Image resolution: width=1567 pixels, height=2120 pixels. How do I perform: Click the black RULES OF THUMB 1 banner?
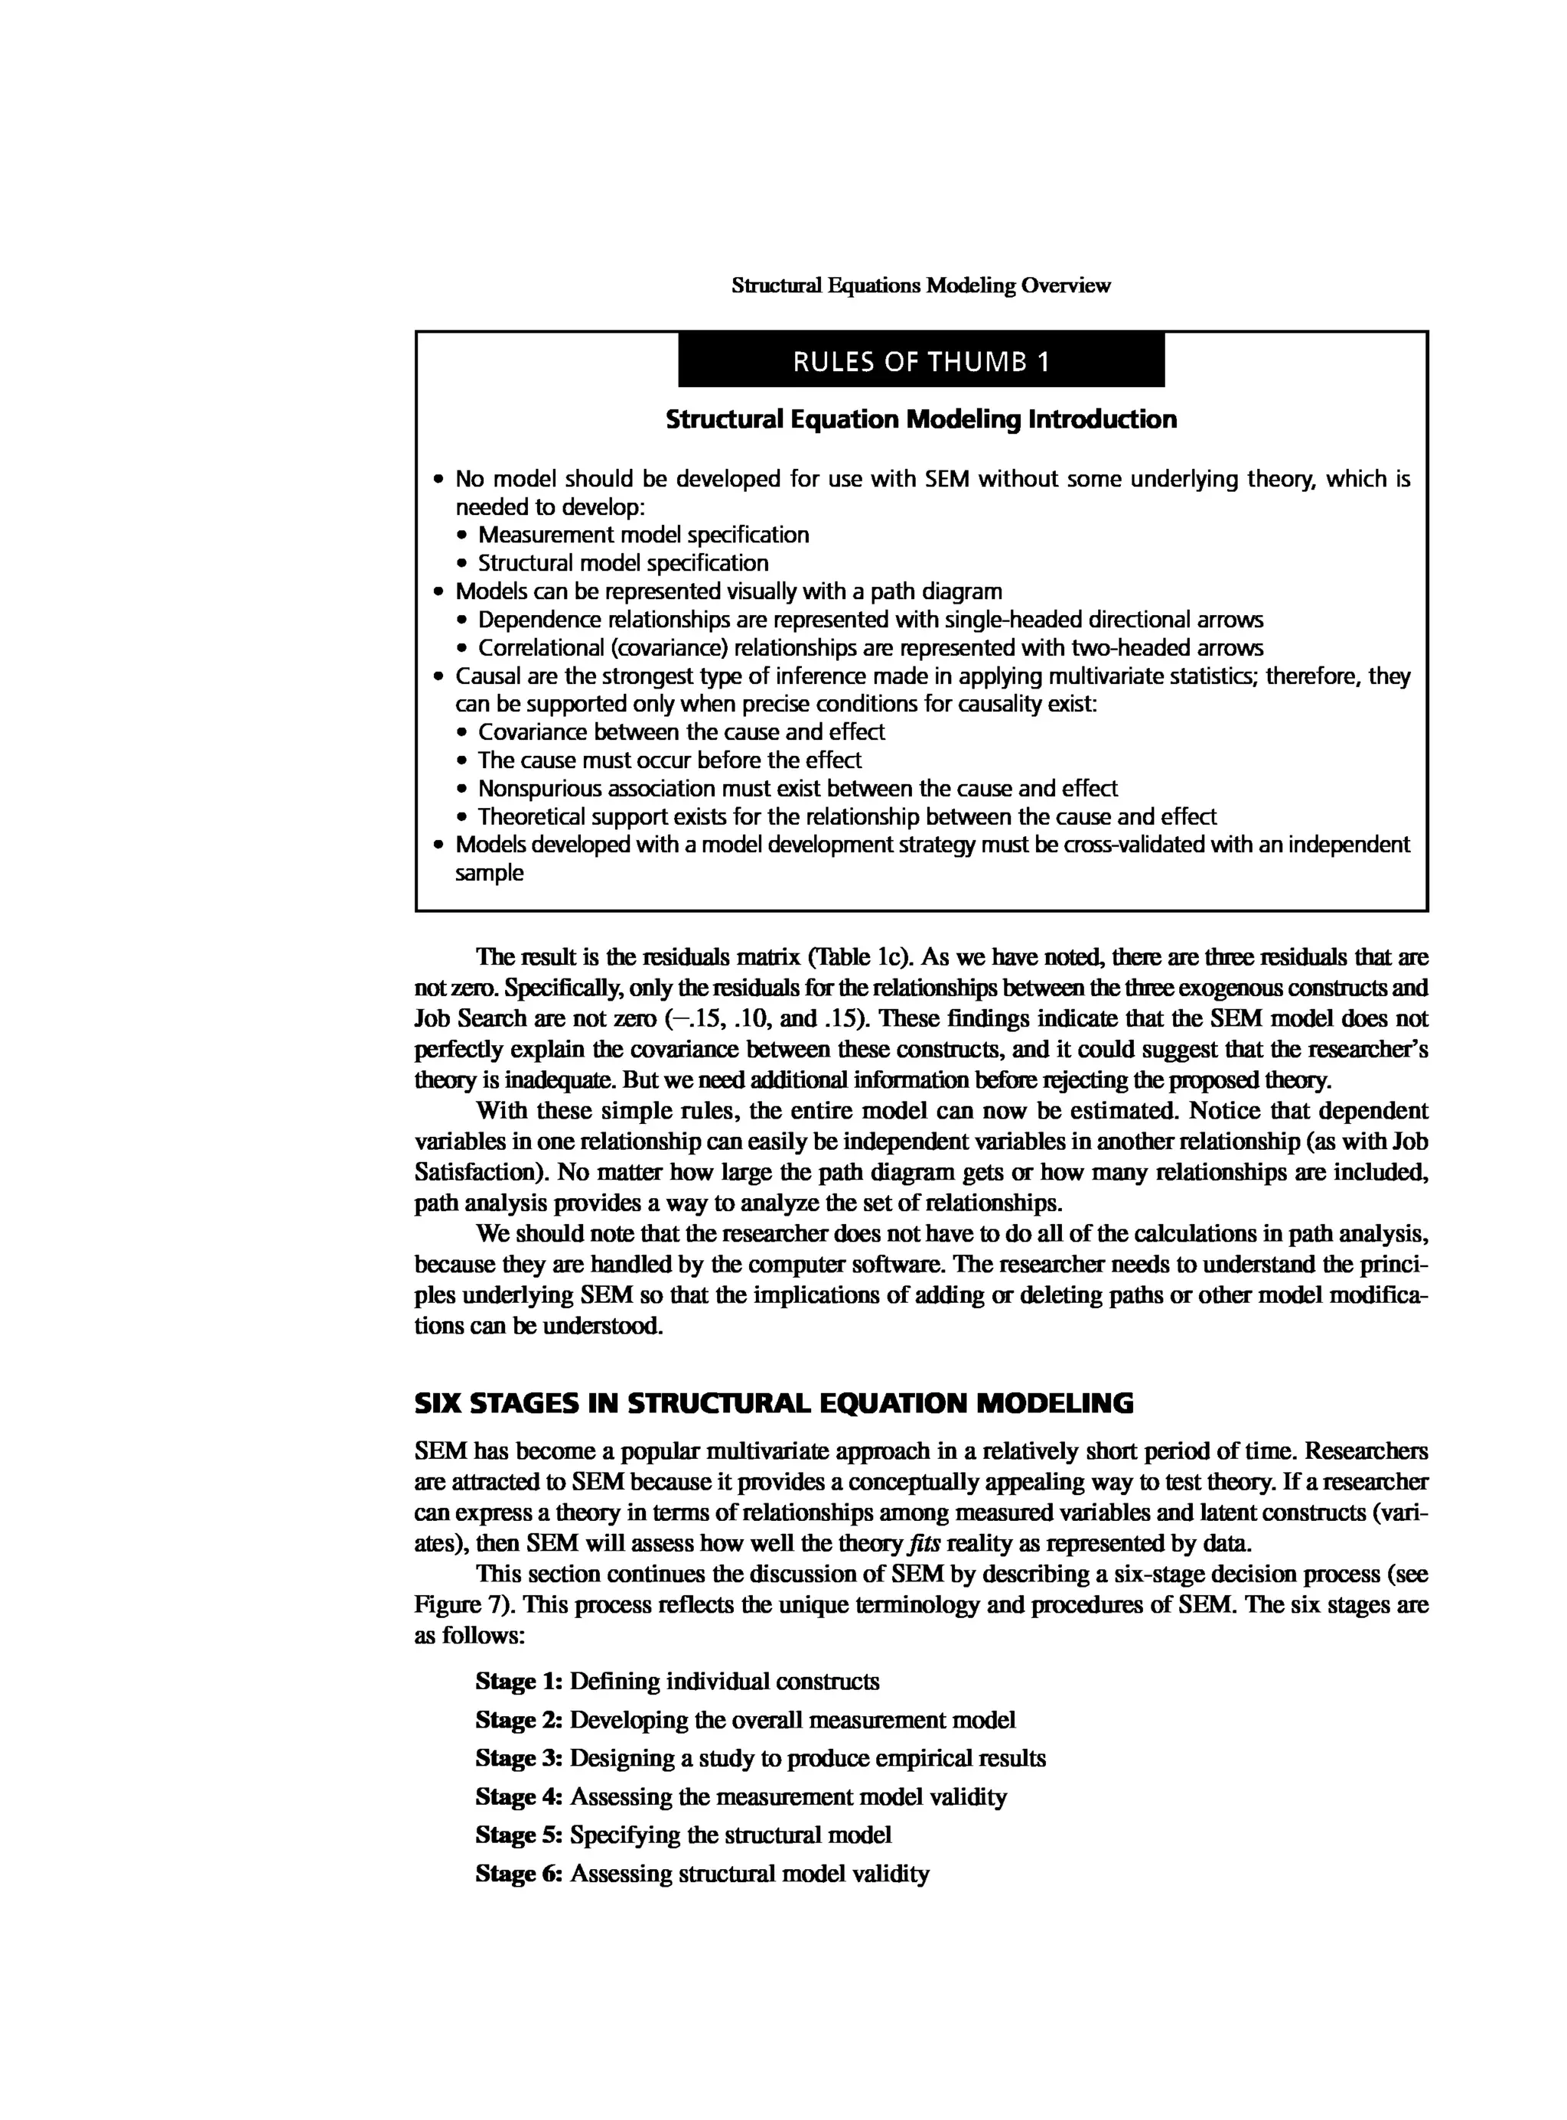pos(920,360)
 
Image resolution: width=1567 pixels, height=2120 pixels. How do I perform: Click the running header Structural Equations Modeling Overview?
pos(920,285)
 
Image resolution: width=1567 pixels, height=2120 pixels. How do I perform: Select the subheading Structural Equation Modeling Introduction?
pos(920,419)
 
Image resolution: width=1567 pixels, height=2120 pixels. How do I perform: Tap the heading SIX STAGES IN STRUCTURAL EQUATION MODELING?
pos(773,1403)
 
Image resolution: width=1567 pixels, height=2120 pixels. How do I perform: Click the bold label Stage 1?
pos(519,1682)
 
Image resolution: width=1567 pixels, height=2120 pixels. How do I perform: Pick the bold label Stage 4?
pos(519,1796)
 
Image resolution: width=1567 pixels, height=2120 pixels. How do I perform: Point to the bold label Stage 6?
pos(519,1874)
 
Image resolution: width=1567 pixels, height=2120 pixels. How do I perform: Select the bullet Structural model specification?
pos(622,563)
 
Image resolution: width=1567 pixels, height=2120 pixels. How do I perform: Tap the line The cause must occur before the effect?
pos(669,760)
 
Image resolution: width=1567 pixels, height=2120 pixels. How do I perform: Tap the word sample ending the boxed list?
pos(488,874)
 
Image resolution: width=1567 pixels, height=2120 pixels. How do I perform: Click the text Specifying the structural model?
pos(731,1835)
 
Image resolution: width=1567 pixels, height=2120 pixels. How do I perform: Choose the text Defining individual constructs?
pos(724,1682)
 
